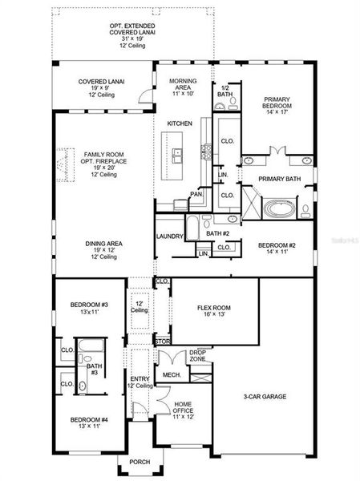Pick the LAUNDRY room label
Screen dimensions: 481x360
(x=171, y=236)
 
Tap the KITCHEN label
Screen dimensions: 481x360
(x=179, y=123)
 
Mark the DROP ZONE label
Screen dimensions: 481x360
(x=198, y=356)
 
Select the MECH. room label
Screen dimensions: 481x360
(x=171, y=374)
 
